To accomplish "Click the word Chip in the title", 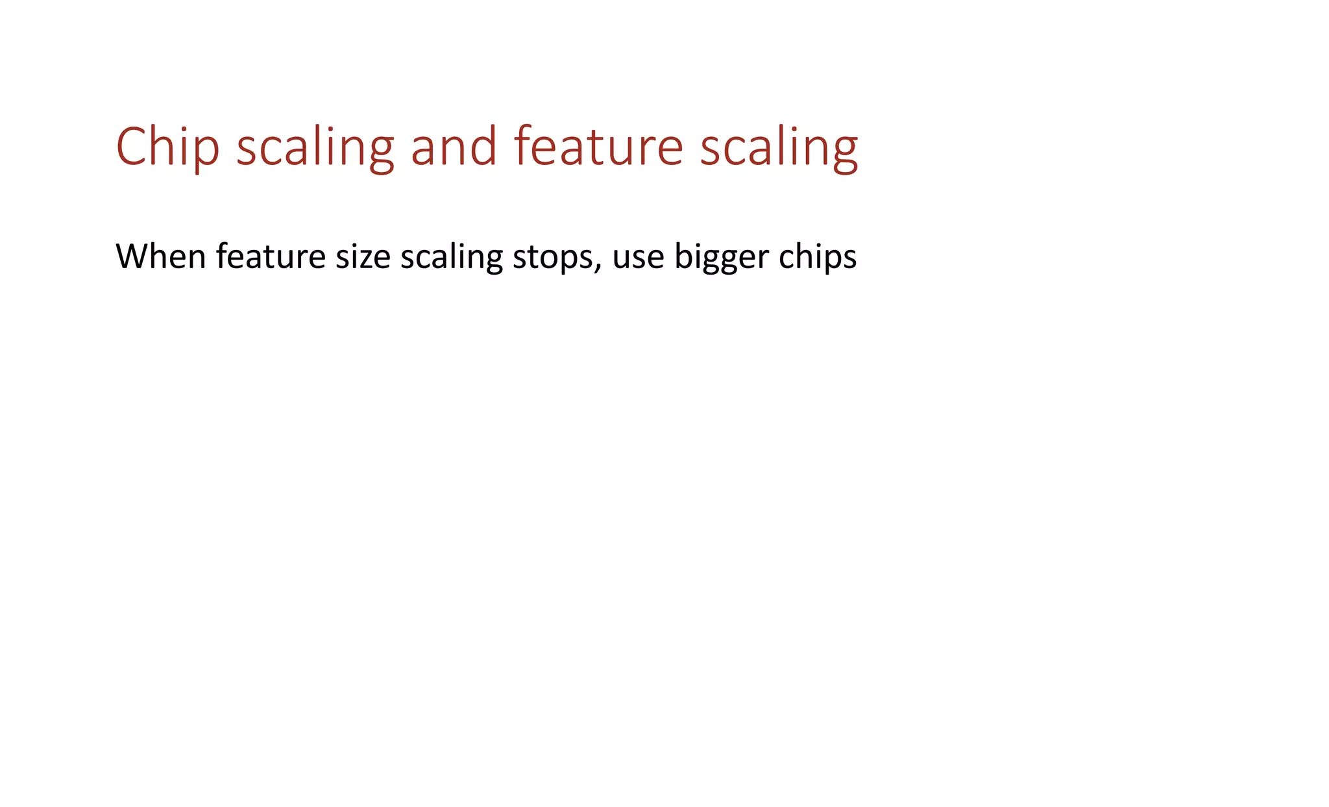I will pos(167,147).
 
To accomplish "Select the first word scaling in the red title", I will pos(315,147).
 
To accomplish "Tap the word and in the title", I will pos(454,147).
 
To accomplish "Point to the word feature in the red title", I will pos(598,147).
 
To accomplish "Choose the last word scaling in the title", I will pos(779,147).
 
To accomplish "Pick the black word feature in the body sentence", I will pos(271,256).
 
